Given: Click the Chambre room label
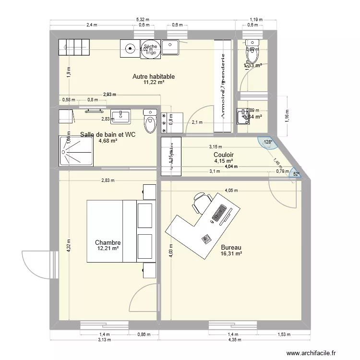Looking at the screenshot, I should point(108,243).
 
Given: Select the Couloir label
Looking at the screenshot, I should point(224,155).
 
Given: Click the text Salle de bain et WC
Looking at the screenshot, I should point(108,135).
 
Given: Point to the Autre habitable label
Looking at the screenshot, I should point(153,76).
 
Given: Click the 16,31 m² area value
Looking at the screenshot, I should point(231,254).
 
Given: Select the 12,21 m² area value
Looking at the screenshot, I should point(108,249).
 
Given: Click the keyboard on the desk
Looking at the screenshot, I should point(219,214).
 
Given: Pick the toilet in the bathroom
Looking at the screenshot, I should point(151,120).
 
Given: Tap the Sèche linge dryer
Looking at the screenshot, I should point(149,48).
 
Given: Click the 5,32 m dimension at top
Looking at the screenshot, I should point(143,20).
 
